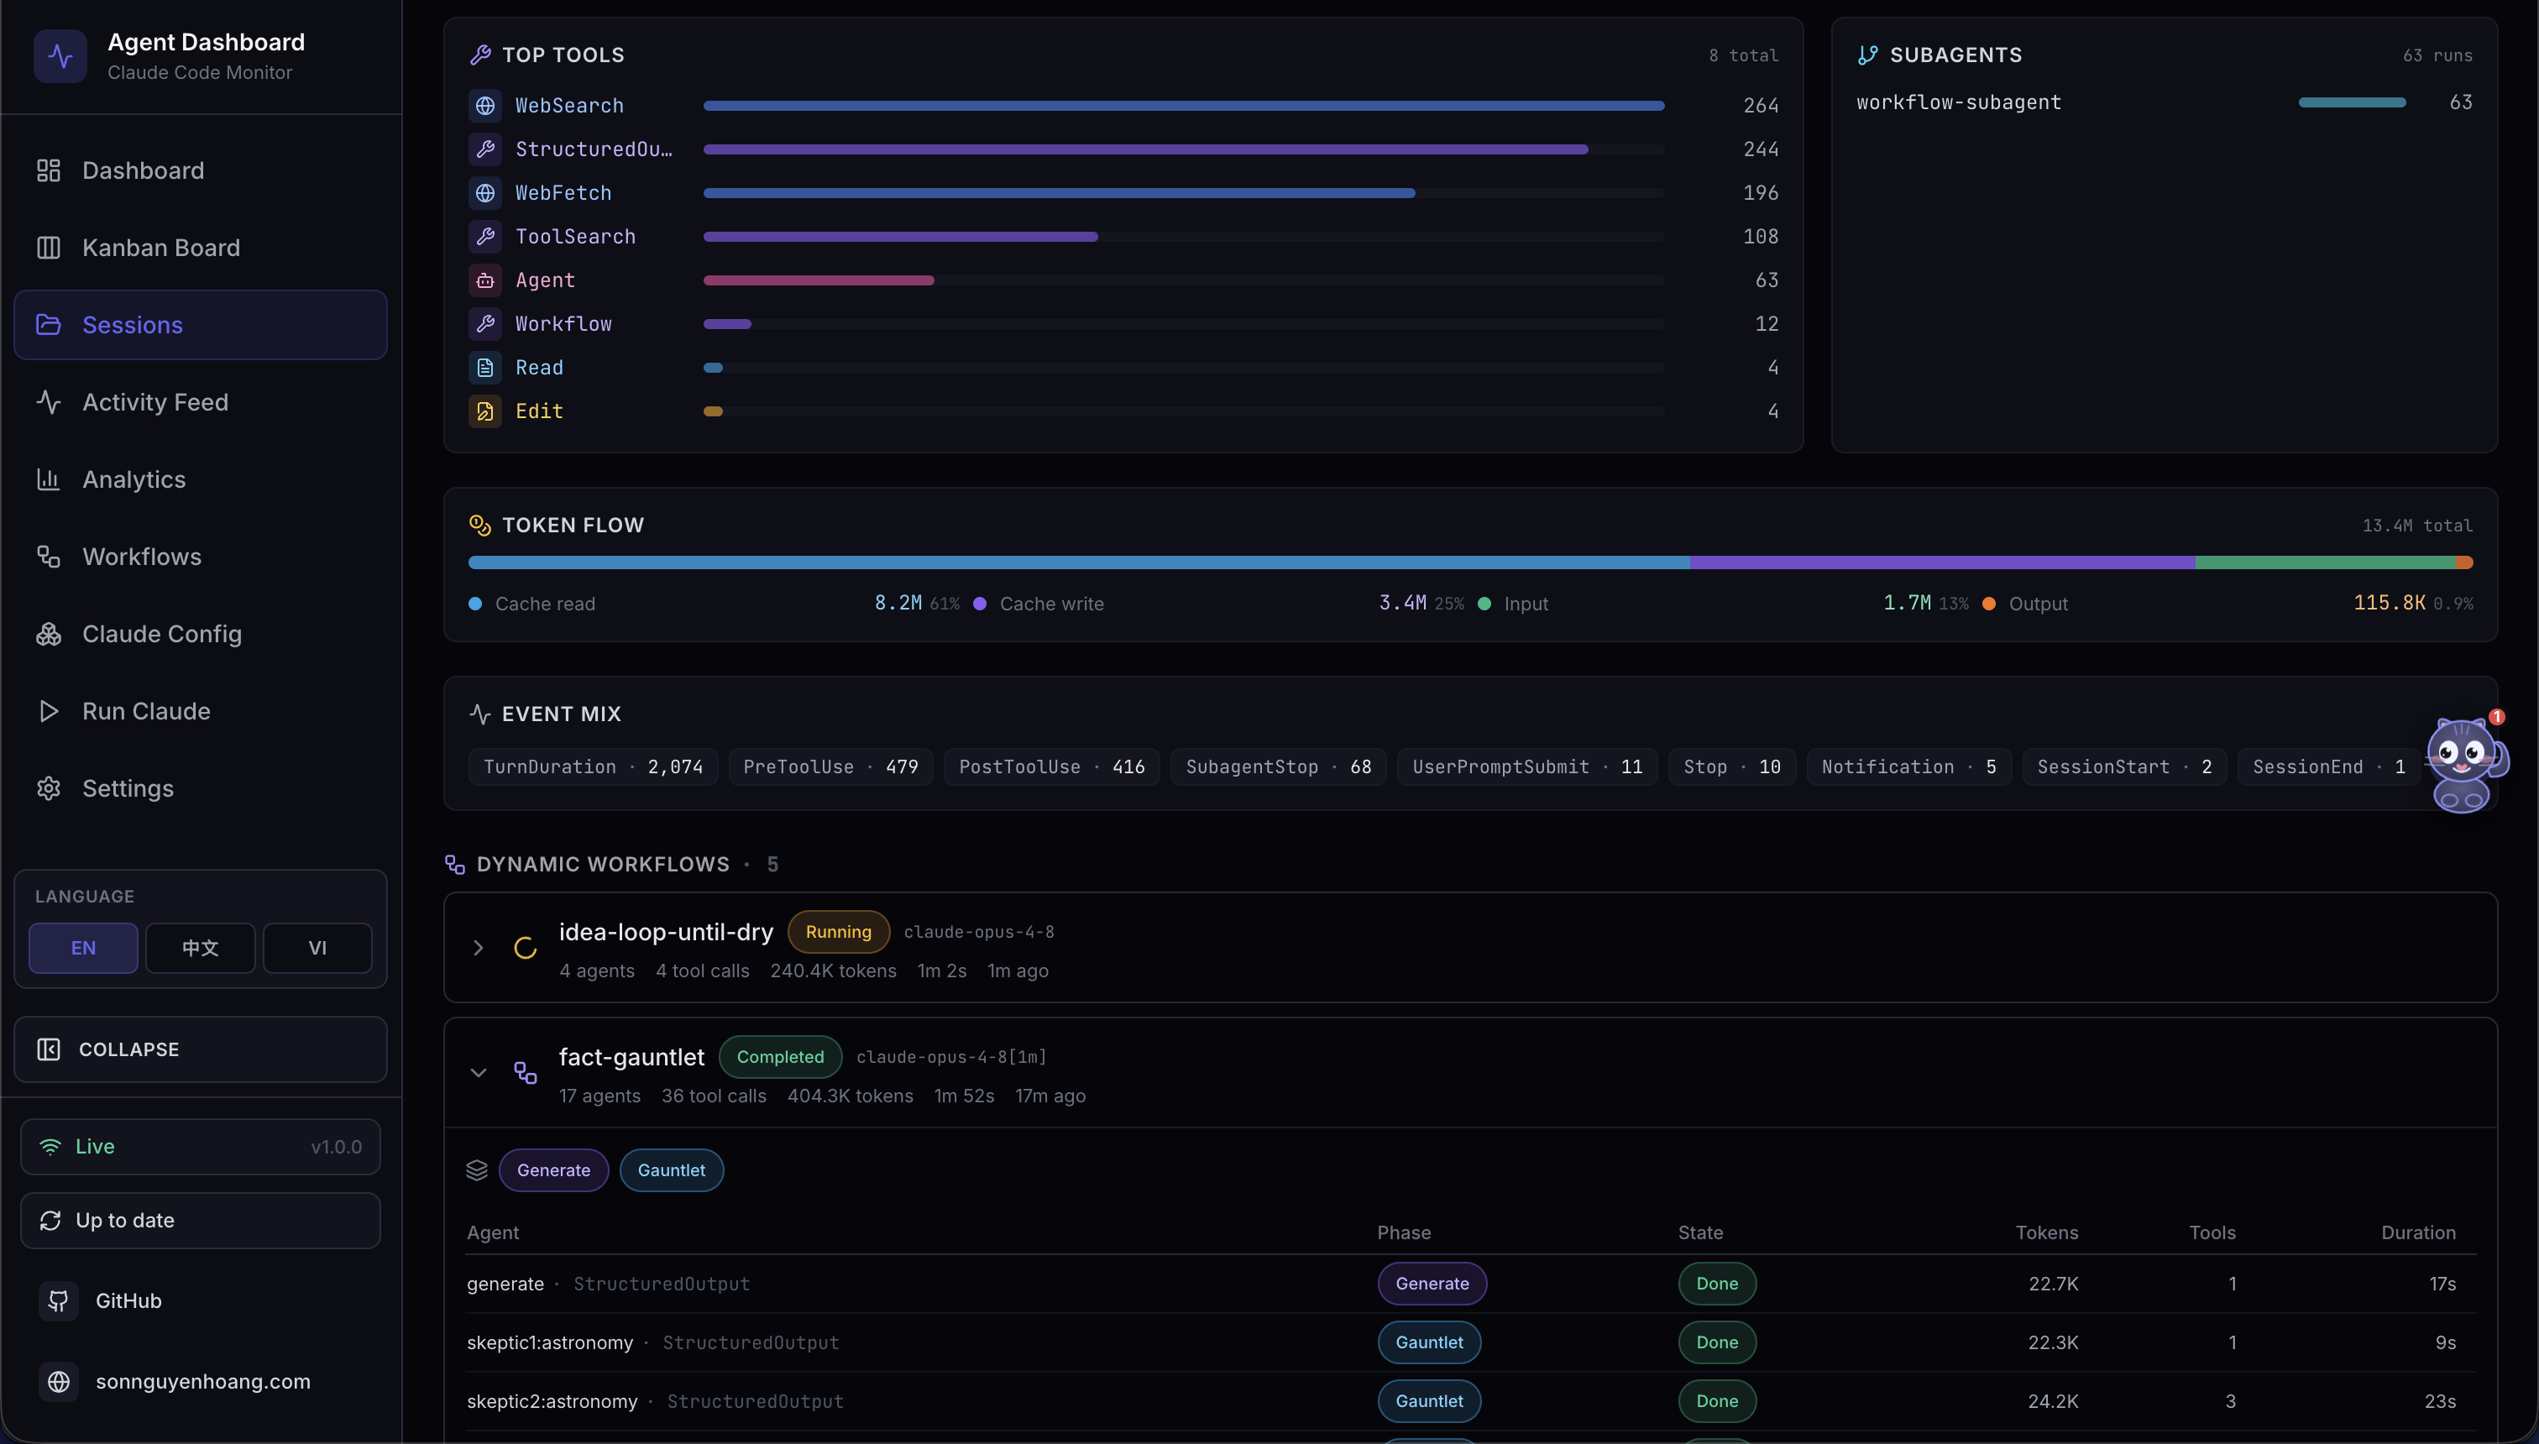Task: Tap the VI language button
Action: pos(317,948)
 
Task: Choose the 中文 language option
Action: pos(201,948)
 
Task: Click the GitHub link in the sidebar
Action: pos(128,1300)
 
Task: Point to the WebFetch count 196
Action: pos(1761,193)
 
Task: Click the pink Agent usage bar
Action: pos(819,280)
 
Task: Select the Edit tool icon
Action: pos(485,411)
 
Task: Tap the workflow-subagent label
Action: pos(1959,102)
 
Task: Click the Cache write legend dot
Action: pos(980,604)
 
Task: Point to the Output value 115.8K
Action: pos(2390,603)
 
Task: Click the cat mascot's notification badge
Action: pos(2496,717)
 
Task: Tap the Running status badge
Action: pos(838,931)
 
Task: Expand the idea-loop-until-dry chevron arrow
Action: pos(478,948)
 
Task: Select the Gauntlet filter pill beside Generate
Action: pos(672,1170)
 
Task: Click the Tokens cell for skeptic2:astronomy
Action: pos(2052,1401)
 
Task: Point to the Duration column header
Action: pos(2418,1232)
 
